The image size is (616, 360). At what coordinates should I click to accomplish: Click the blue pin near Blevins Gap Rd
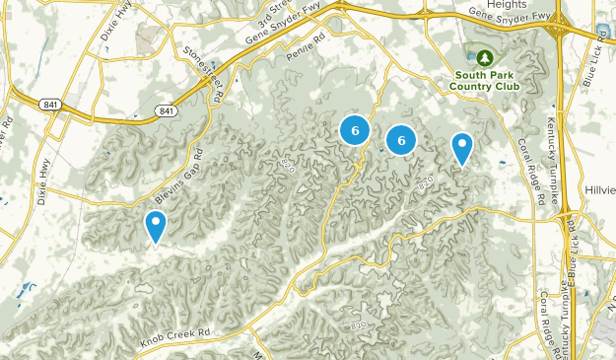[155, 227]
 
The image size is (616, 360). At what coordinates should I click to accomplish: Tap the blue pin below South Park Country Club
[461, 149]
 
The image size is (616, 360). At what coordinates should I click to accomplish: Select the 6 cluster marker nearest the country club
[401, 140]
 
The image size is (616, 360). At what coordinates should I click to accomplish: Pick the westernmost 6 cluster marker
[355, 129]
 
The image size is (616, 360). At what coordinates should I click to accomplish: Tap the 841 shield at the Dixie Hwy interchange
[50, 103]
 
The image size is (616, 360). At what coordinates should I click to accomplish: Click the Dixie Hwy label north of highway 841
[114, 27]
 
